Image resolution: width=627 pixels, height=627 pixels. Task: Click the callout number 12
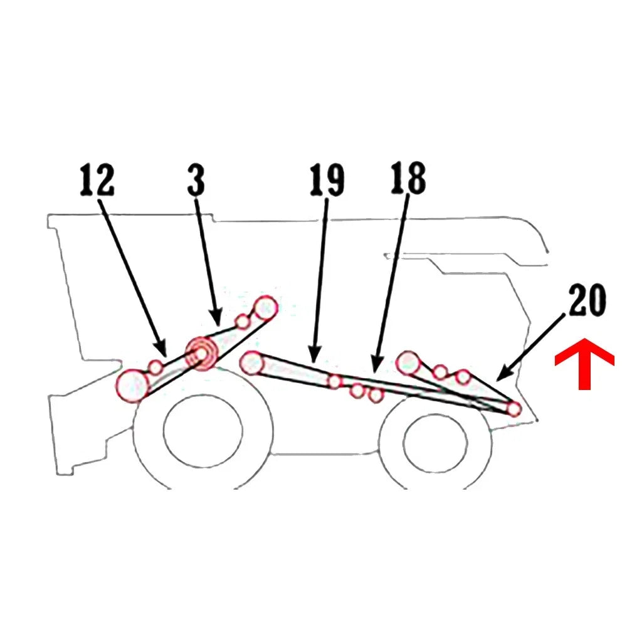coord(97,181)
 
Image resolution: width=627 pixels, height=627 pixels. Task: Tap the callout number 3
coord(196,181)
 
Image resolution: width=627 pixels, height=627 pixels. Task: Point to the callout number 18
coord(408,178)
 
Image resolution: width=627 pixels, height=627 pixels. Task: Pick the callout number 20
coord(587,300)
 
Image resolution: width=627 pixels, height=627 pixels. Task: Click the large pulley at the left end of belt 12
coord(132,386)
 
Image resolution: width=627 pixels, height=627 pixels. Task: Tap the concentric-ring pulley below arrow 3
coord(201,354)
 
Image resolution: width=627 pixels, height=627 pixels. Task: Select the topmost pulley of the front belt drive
coord(265,307)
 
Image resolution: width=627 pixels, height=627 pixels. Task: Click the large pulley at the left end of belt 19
coord(252,362)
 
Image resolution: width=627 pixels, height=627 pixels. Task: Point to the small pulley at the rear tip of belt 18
coord(514,409)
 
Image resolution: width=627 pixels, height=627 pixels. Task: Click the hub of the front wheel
coord(203,430)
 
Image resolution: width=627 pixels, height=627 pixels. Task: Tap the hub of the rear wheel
coord(436,443)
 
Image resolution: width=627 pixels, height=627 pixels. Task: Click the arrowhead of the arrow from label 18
coord(376,365)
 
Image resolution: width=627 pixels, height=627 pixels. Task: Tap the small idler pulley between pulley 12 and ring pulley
coord(155,367)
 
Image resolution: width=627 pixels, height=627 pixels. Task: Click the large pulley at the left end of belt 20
coord(408,363)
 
